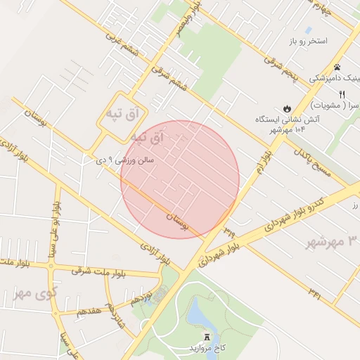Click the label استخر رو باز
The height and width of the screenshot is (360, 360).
click(x=308, y=41)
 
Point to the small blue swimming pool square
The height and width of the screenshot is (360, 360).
click(x=308, y=30)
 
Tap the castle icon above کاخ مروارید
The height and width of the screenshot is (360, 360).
click(x=206, y=337)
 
